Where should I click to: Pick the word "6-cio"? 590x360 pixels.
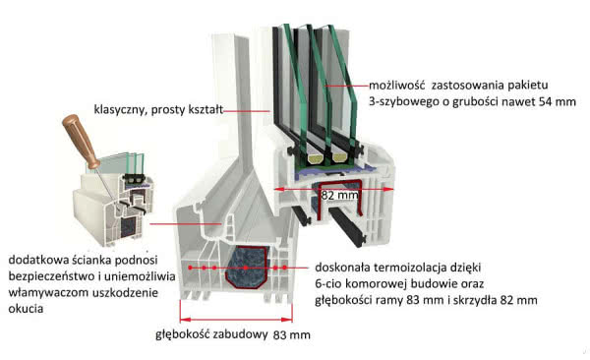332,283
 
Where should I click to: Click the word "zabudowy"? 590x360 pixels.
242,333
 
